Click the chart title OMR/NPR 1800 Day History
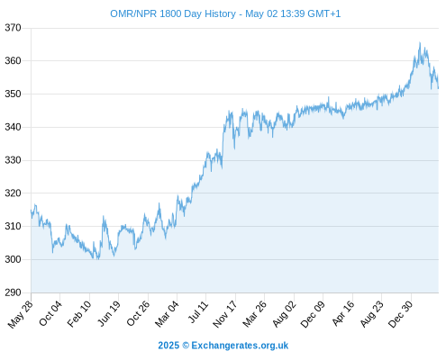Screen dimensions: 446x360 173,13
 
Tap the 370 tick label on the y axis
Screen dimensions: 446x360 13,28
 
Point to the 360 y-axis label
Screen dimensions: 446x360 13,61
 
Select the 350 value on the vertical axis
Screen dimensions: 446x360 13,94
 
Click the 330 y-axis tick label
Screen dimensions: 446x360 13,160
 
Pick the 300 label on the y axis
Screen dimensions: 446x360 13,259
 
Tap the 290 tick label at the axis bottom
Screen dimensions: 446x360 13,292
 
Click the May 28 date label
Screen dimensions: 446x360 21,314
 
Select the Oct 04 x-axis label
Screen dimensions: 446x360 50,313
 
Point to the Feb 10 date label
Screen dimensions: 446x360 79,314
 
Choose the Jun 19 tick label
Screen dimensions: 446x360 109,313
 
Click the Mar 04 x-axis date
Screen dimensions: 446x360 167,314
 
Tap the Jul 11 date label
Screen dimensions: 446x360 198,312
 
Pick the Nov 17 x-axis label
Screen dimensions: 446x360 225,314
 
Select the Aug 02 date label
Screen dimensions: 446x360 284,314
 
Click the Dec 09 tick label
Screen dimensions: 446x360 313,314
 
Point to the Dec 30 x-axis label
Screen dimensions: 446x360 400,314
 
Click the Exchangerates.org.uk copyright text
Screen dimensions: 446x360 223,346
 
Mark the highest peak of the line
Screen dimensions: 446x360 420,42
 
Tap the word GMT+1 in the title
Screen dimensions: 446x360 324,13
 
